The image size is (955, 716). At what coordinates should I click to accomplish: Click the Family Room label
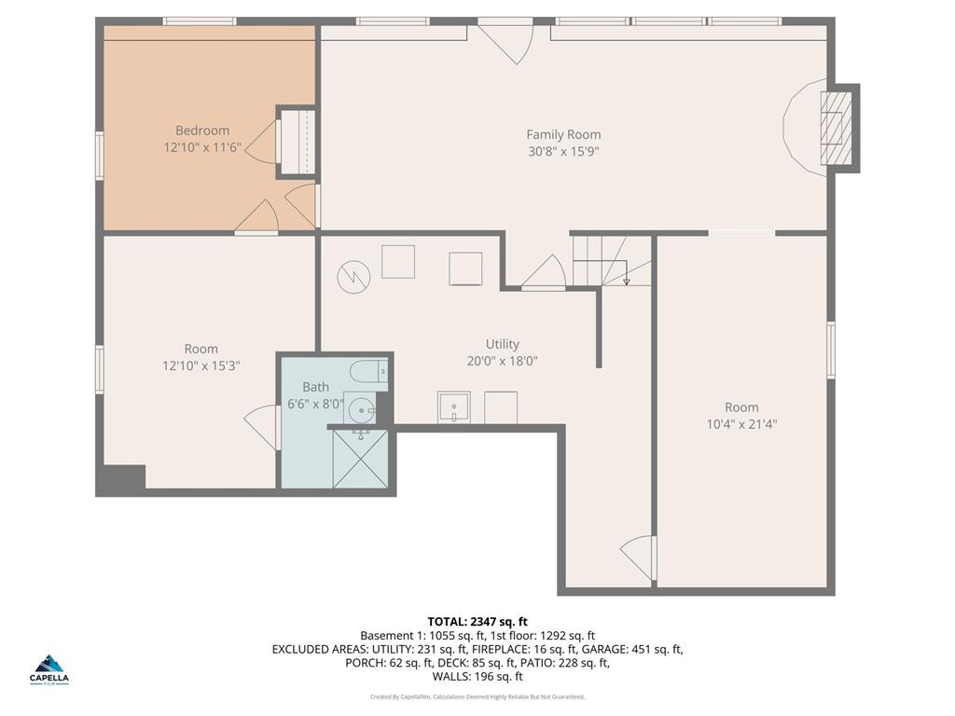pos(563,134)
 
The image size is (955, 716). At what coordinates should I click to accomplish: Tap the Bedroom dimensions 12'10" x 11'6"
pos(202,147)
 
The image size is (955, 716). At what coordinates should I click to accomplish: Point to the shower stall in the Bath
pos(361,459)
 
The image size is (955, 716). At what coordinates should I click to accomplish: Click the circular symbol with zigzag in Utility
pos(354,275)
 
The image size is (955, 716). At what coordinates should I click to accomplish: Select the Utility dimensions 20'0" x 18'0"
pos(502,361)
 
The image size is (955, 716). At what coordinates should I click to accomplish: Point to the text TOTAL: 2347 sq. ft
pos(477,621)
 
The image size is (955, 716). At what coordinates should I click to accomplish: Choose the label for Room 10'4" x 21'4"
pos(741,407)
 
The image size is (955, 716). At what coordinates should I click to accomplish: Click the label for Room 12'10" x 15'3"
pos(201,350)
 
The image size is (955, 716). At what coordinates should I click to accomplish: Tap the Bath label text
pos(315,387)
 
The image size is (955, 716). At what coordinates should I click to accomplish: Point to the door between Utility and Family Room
pos(544,276)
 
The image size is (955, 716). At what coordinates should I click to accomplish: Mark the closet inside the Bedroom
pos(297,142)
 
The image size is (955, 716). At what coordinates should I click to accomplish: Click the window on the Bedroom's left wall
pos(99,155)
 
